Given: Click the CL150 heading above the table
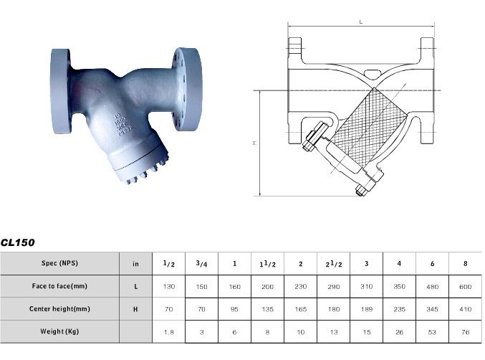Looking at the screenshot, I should (18, 243).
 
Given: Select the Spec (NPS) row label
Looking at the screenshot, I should (59, 263).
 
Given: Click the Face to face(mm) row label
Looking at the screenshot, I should (59, 286).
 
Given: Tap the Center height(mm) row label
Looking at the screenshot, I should (59, 309).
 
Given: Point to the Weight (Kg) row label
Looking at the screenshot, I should (59, 332).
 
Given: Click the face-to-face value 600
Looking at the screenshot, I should (466, 286).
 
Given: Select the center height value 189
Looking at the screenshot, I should (366, 309).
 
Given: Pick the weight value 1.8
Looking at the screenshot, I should (169, 332).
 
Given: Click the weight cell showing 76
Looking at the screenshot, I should (466, 332).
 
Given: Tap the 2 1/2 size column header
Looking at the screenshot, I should (332, 264).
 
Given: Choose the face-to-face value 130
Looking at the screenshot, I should (169, 286).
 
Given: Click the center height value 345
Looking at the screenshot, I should (433, 309).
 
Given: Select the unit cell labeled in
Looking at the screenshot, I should (136, 263).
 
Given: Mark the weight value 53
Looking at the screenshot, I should (433, 332).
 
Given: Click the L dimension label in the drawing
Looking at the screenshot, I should (360, 22).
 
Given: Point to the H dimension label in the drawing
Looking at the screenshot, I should (254, 143).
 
